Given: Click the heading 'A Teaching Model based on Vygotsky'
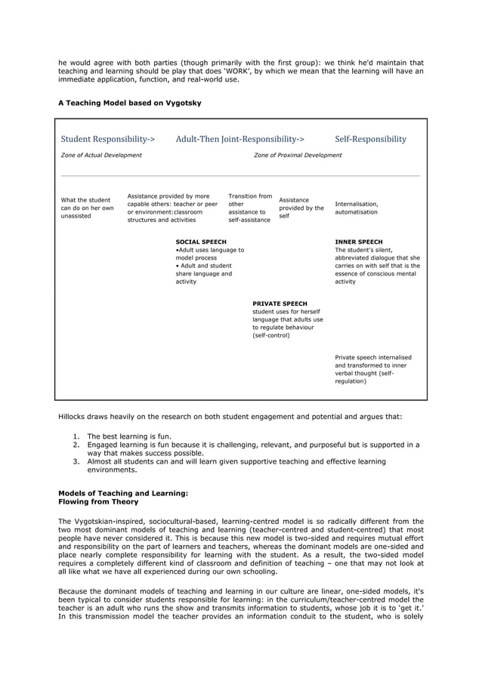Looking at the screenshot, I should coord(129,102).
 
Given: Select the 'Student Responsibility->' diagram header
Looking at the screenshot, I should coord(108,139).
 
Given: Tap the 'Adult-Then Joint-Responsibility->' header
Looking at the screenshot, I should coord(240,139).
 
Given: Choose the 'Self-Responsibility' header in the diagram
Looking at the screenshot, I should coord(370,139).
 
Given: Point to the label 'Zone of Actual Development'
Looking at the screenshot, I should coord(101,156).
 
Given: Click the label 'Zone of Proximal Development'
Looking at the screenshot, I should coord(298,156).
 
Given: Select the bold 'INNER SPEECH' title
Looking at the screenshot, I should coord(359,242).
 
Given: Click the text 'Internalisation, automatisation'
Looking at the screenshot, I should coord(357,208).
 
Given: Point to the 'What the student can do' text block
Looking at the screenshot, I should coord(87,208).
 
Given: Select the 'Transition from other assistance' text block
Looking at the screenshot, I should coord(250,208).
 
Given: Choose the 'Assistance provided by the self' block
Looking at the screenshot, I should coord(301,208).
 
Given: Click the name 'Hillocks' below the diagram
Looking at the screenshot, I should coord(76,416).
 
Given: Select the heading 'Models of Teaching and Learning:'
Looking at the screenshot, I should coord(122,493).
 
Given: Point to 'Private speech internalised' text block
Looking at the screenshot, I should coord(373,369).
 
